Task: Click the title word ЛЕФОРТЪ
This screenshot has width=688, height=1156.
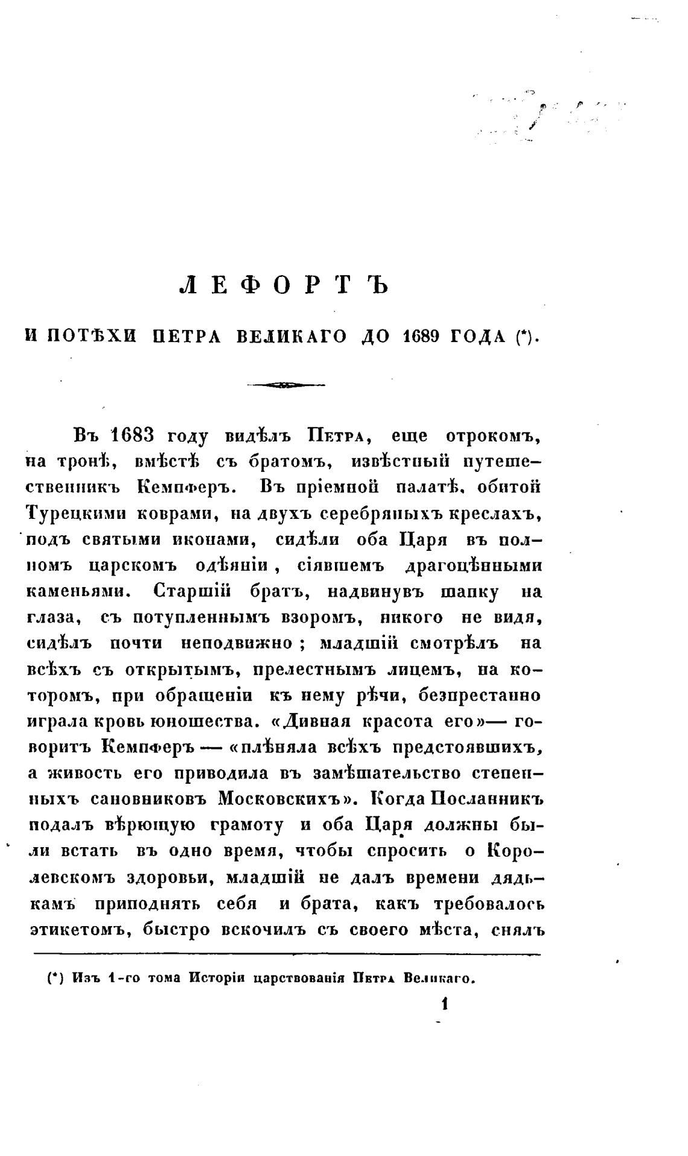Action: (284, 285)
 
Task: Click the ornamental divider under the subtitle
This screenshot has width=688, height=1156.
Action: (285, 385)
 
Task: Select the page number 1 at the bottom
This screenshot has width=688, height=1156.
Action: (445, 1004)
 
